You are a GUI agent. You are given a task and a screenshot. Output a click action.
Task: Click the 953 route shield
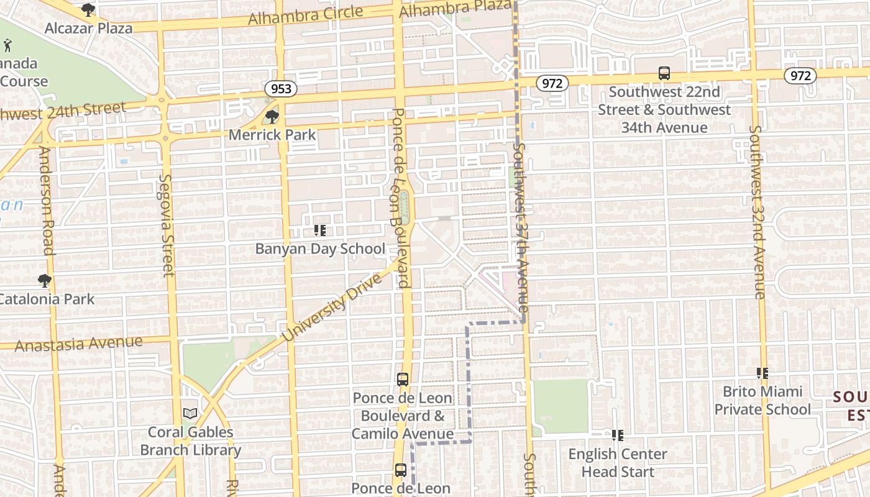pyautogui.click(x=281, y=89)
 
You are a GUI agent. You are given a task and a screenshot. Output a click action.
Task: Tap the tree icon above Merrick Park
pyautogui.click(x=272, y=116)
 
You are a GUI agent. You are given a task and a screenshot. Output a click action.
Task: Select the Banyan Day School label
pyautogui.click(x=320, y=249)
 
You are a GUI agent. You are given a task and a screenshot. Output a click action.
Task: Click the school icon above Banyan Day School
pyautogui.click(x=320, y=231)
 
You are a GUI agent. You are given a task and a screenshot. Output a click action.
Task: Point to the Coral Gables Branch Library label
pyautogui.click(x=191, y=441)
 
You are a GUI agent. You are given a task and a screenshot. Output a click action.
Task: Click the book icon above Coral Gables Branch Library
pyautogui.click(x=190, y=413)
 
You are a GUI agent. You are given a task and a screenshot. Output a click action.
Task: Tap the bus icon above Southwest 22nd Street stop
pyautogui.click(x=664, y=73)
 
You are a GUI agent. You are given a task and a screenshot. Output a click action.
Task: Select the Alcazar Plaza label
pyautogui.click(x=88, y=28)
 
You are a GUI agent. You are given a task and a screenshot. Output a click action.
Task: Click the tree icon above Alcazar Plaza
pyautogui.click(x=88, y=10)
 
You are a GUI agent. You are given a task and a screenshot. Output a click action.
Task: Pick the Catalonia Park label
pyautogui.click(x=47, y=299)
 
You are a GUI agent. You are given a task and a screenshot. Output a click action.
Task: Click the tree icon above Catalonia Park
pyautogui.click(x=44, y=281)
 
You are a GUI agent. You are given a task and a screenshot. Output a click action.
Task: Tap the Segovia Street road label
pyautogui.click(x=165, y=225)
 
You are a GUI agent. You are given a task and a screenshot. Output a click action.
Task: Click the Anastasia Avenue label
pyautogui.click(x=78, y=344)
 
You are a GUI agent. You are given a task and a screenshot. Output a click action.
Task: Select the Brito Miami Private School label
pyautogui.click(x=762, y=400)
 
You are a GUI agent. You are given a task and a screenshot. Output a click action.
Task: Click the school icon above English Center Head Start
pyautogui.click(x=617, y=435)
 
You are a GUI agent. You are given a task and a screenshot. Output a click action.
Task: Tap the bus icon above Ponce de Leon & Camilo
pyautogui.click(x=403, y=380)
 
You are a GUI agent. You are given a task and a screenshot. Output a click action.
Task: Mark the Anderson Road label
pyautogui.click(x=46, y=200)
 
